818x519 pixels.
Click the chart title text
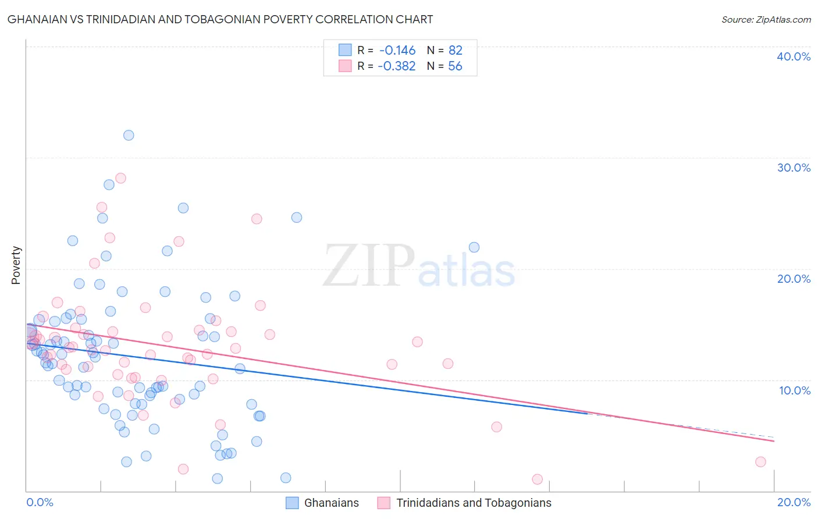pos(220,19)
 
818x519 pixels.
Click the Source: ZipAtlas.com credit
pos(766,19)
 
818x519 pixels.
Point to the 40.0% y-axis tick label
pos(794,56)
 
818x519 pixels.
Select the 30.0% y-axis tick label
pos(794,168)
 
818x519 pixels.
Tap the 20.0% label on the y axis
pos(794,279)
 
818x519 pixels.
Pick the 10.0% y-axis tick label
pos(795,390)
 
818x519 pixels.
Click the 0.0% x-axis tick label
pos(40,502)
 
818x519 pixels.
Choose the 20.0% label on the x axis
pos(794,502)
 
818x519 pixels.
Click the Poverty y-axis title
pos(16,265)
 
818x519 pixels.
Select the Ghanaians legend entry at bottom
pos(331,503)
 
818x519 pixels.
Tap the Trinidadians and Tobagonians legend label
pos(474,503)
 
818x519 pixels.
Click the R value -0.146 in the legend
pos(397,51)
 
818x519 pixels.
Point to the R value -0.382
pos(397,66)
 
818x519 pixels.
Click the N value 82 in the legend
pos(455,51)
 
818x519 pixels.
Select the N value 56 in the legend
pos(455,66)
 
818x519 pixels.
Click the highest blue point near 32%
pos(129,135)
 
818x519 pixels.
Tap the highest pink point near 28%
pos(120,178)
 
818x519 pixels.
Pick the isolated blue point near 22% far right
pos(474,247)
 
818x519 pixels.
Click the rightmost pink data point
pos(760,462)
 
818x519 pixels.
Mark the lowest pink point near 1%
pos(537,479)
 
